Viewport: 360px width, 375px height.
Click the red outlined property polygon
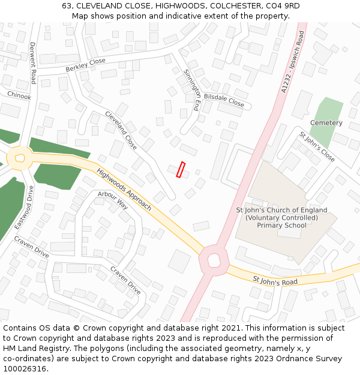(x=181, y=170)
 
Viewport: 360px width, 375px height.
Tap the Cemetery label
(x=326, y=123)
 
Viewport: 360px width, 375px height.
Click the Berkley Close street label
(x=86, y=64)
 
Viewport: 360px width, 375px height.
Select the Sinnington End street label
(x=191, y=91)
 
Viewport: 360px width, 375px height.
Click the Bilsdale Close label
(x=224, y=100)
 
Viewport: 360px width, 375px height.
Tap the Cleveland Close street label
(x=121, y=130)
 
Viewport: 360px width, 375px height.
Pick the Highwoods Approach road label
(x=124, y=188)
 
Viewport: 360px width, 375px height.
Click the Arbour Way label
(x=113, y=200)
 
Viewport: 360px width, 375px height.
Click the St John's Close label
(x=317, y=147)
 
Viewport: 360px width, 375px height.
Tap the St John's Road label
(x=275, y=280)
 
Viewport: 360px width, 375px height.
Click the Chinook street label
(x=19, y=95)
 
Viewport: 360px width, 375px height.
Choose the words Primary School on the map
(x=281, y=226)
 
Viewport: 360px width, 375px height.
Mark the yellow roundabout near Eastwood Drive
(x=20, y=158)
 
